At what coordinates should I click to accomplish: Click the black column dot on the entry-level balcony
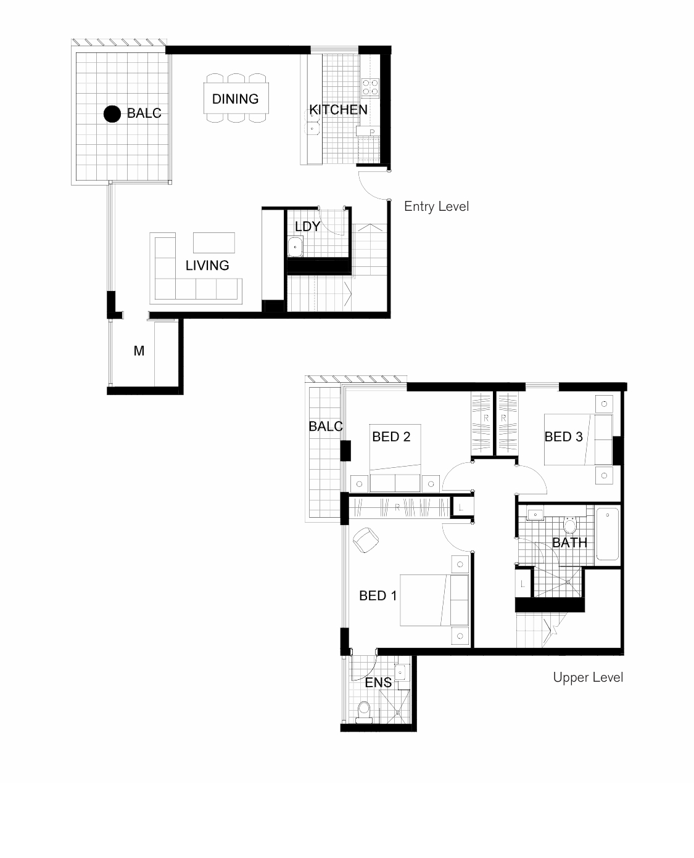click(112, 114)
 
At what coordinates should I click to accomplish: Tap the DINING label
click(236, 99)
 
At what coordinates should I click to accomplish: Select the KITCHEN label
click(338, 110)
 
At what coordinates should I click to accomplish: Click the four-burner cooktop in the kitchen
click(370, 88)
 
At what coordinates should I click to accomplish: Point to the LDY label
click(307, 226)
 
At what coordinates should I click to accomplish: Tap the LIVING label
click(207, 266)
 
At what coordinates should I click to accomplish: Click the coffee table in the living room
click(214, 242)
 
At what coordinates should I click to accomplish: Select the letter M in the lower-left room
click(139, 351)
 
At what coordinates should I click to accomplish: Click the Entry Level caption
click(437, 206)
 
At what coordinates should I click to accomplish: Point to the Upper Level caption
click(588, 677)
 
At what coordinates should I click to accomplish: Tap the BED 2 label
click(391, 436)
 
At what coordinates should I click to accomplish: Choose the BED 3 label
click(563, 436)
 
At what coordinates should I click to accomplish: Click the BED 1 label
click(378, 596)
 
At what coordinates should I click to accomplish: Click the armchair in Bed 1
click(366, 540)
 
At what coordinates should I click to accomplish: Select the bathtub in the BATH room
click(608, 534)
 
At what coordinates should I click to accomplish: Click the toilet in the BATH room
click(570, 525)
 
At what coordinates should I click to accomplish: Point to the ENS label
click(378, 683)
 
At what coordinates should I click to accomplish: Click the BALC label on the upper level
click(326, 426)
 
